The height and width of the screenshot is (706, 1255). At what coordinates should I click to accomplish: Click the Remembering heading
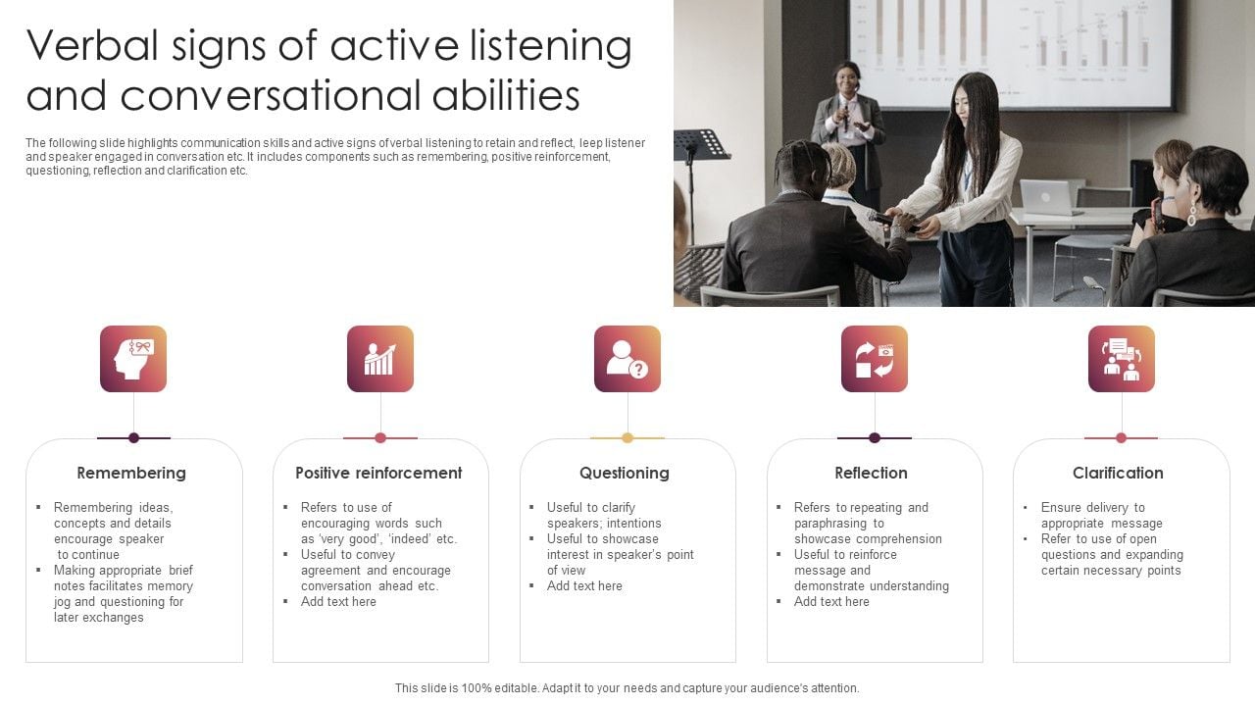(x=131, y=473)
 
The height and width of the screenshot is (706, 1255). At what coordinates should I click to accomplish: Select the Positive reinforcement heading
(x=378, y=473)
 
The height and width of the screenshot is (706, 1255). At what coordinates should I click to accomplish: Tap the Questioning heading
(x=625, y=473)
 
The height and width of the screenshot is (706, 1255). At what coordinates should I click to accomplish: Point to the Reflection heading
(x=871, y=473)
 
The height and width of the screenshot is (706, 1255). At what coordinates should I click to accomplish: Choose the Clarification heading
(x=1118, y=473)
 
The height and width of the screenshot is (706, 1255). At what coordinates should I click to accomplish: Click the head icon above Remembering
(x=133, y=359)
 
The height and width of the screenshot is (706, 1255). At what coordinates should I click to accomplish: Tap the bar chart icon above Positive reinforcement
(x=380, y=359)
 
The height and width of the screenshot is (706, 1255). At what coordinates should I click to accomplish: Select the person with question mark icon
(x=627, y=359)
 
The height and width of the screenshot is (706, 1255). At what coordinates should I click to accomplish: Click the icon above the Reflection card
(x=875, y=359)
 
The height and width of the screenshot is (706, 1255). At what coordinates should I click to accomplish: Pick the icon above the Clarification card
(x=1122, y=359)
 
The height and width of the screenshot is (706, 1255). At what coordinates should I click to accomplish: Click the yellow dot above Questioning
(x=627, y=438)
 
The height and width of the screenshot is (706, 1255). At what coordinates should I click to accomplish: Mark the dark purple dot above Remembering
(x=133, y=438)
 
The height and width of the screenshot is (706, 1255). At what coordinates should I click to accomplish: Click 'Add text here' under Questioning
(x=584, y=586)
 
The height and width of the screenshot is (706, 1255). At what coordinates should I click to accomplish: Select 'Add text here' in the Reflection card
(x=831, y=602)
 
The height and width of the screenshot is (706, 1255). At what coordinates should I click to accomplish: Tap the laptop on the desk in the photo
(x=1050, y=197)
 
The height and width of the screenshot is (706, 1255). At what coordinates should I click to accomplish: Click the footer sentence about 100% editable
(x=627, y=688)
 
